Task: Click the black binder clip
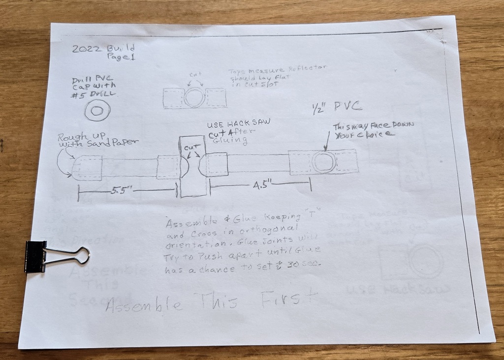pyautogui.click(x=37, y=257)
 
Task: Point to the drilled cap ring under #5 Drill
pyautogui.click(x=97, y=111)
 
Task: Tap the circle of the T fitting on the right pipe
pyautogui.click(x=325, y=162)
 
